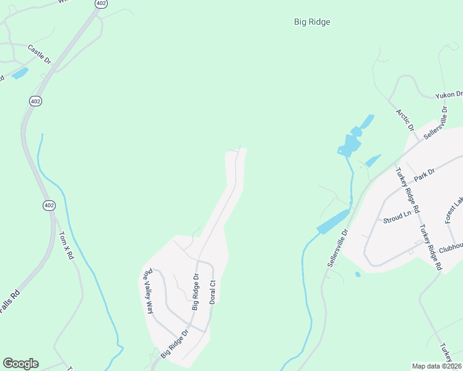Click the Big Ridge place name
(x=311, y=22)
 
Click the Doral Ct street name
(x=212, y=291)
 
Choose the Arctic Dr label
(x=405, y=119)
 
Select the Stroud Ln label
(x=397, y=216)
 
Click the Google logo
(x=20, y=364)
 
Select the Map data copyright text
(x=437, y=366)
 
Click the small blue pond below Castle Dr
(x=19, y=73)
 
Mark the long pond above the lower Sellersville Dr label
(x=334, y=221)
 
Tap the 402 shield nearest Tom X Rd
(x=49, y=205)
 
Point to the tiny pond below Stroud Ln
(x=358, y=274)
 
